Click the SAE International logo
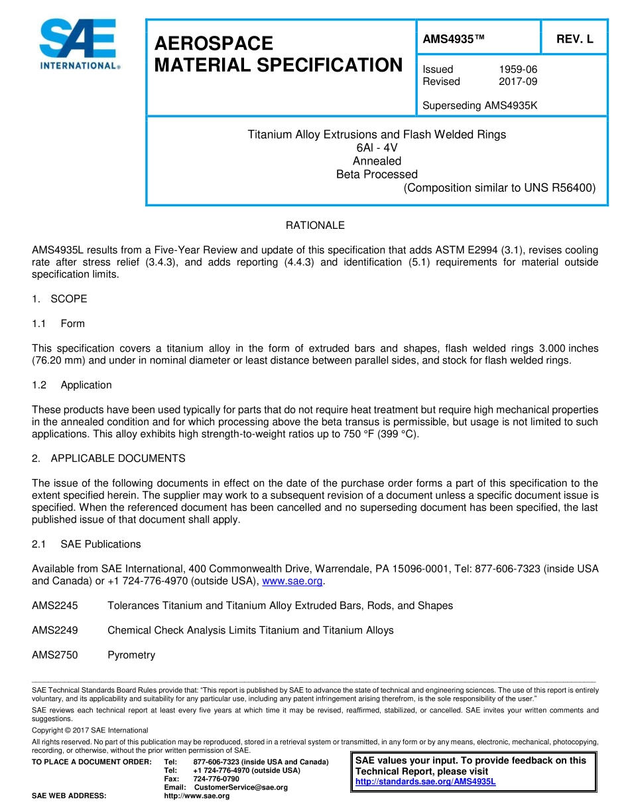tap(79, 44)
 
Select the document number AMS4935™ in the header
tap(454, 39)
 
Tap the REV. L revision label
tap(574, 39)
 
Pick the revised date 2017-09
tap(518, 82)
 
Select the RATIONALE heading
tap(315, 226)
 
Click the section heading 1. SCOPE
tap(60, 299)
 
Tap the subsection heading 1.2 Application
tap(72, 385)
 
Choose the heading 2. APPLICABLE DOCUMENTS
tap(109, 458)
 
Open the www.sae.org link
tap(293, 581)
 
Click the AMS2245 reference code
tap(55, 606)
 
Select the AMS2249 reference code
tap(55, 630)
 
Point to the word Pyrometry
tap(131, 655)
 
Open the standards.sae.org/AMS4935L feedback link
tap(426, 781)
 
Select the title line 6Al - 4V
tap(377, 148)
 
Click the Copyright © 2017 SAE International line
tap(90, 730)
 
